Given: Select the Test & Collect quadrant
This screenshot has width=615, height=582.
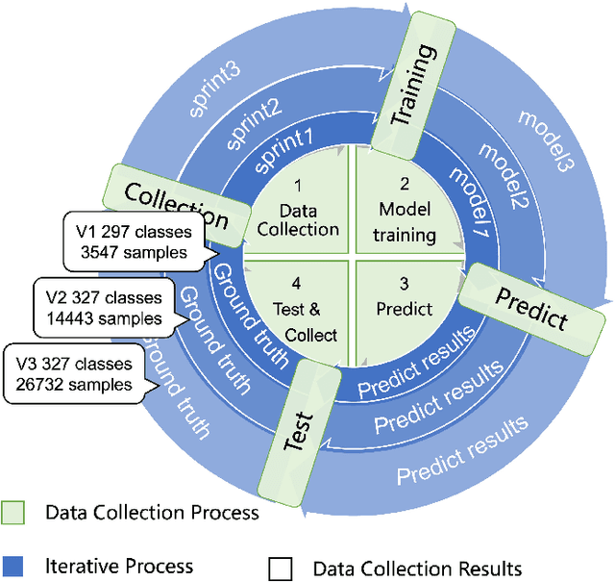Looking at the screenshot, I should click(x=299, y=309).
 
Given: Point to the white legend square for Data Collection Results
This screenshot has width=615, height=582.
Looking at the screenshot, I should click(x=281, y=569).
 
